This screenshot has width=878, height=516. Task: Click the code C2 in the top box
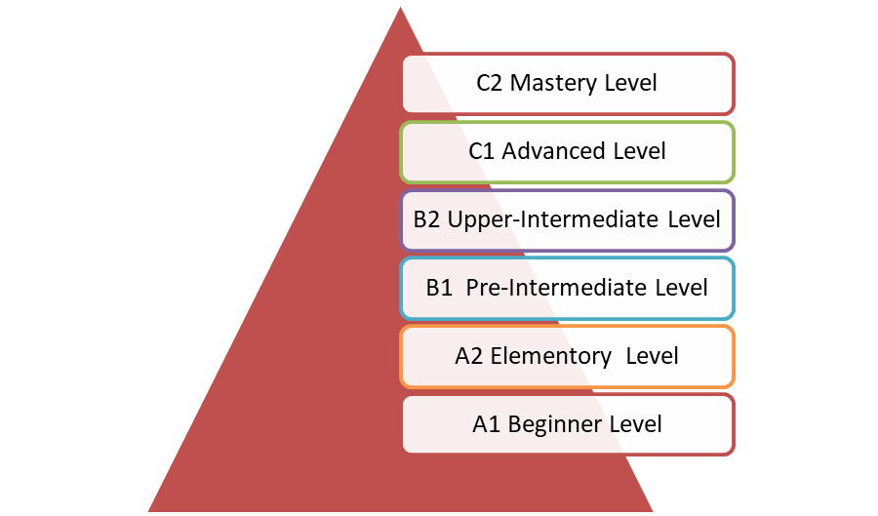pyautogui.click(x=490, y=83)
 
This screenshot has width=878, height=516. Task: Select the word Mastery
pyautogui.click(x=554, y=84)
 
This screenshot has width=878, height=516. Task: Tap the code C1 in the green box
pyautogui.click(x=481, y=151)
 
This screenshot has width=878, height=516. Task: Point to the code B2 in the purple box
pyautogui.click(x=426, y=219)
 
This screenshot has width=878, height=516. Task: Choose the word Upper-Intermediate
pyautogui.click(x=553, y=220)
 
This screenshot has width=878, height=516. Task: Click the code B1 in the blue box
pyautogui.click(x=439, y=288)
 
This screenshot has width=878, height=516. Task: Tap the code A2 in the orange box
pyautogui.click(x=469, y=356)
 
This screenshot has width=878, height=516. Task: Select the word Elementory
pyautogui.click(x=551, y=357)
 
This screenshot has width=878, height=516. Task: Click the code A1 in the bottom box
pyautogui.click(x=486, y=424)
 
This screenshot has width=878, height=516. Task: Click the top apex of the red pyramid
pyautogui.click(x=400, y=7)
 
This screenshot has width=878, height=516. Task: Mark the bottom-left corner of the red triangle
pyautogui.click(x=148, y=511)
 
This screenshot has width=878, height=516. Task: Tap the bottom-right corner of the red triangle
pyautogui.click(x=653, y=511)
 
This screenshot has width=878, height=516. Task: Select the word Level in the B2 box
pyautogui.click(x=694, y=219)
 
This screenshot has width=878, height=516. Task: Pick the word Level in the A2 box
pyautogui.click(x=652, y=356)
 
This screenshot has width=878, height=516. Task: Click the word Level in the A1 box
pyautogui.click(x=635, y=424)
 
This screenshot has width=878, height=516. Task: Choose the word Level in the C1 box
pyautogui.click(x=639, y=151)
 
